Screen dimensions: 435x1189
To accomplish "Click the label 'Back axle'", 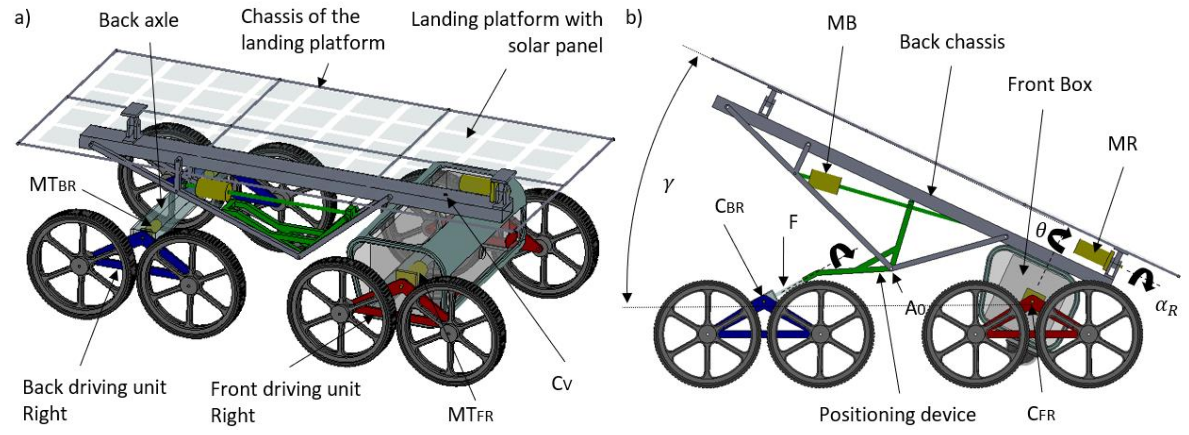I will click(139, 20).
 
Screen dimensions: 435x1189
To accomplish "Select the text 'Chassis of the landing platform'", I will click(312, 30).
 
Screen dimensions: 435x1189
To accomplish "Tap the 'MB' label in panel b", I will click(841, 23).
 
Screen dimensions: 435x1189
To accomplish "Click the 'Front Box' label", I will click(1049, 85).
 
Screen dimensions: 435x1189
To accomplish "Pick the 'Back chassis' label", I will click(952, 42).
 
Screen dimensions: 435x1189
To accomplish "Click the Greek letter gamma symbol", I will click(667, 185).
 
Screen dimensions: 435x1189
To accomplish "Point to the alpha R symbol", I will click(1166, 307).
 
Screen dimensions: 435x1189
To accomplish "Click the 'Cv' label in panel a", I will click(561, 383).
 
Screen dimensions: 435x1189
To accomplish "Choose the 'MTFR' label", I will click(470, 414).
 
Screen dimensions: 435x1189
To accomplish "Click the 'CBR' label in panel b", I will click(729, 206).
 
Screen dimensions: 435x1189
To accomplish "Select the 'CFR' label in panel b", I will click(1041, 414).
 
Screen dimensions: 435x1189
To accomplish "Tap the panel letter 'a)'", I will click(22, 19).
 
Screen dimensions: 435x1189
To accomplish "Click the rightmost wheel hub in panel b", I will click(1089, 334).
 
